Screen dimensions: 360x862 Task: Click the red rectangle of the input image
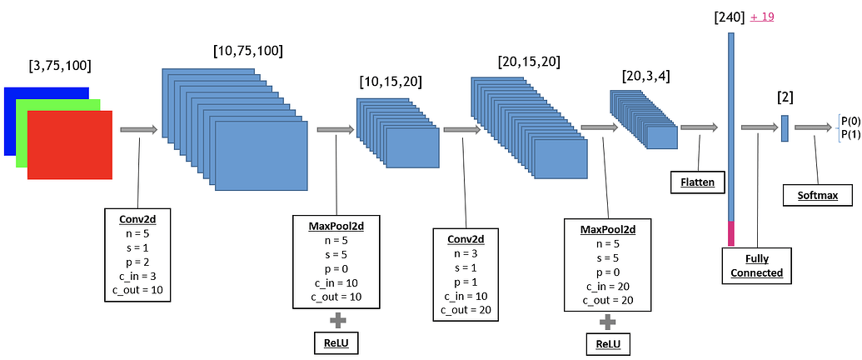pyautogui.click(x=70, y=144)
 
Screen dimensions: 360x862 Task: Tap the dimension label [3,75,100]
pyautogui.click(x=60, y=65)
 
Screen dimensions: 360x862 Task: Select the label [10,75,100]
pyautogui.click(x=248, y=51)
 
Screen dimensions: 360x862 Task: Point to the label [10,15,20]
pyautogui.click(x=390, y=82)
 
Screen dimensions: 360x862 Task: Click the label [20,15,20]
pyautogui.click(x=528, y=62)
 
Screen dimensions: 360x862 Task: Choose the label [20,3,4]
pyautogui.click(x=645, y=76)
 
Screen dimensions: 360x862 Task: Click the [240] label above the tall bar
pyautogui.click(x=729, y=17)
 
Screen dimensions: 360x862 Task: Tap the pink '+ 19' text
pyautogui.click(x=764, y=17)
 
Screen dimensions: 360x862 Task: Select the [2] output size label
pyautogui.click(x=785, y=97)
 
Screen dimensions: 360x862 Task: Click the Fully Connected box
pyautogui.click(x=752, y=266)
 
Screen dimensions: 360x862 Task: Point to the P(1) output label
pyautogui.click(x=850, y=134)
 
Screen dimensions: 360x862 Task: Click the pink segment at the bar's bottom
pyautogui.click(x=731, y=233)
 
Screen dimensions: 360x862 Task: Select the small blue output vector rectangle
pyautogui.click(x=785, y=127)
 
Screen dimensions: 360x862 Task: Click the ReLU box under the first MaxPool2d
pyautogui.click(x=338, y=342)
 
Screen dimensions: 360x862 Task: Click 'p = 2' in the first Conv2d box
pyautogui.click(x=139, y=262)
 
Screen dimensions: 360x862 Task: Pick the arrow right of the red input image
pyautogui.click(x=138, y=130)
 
